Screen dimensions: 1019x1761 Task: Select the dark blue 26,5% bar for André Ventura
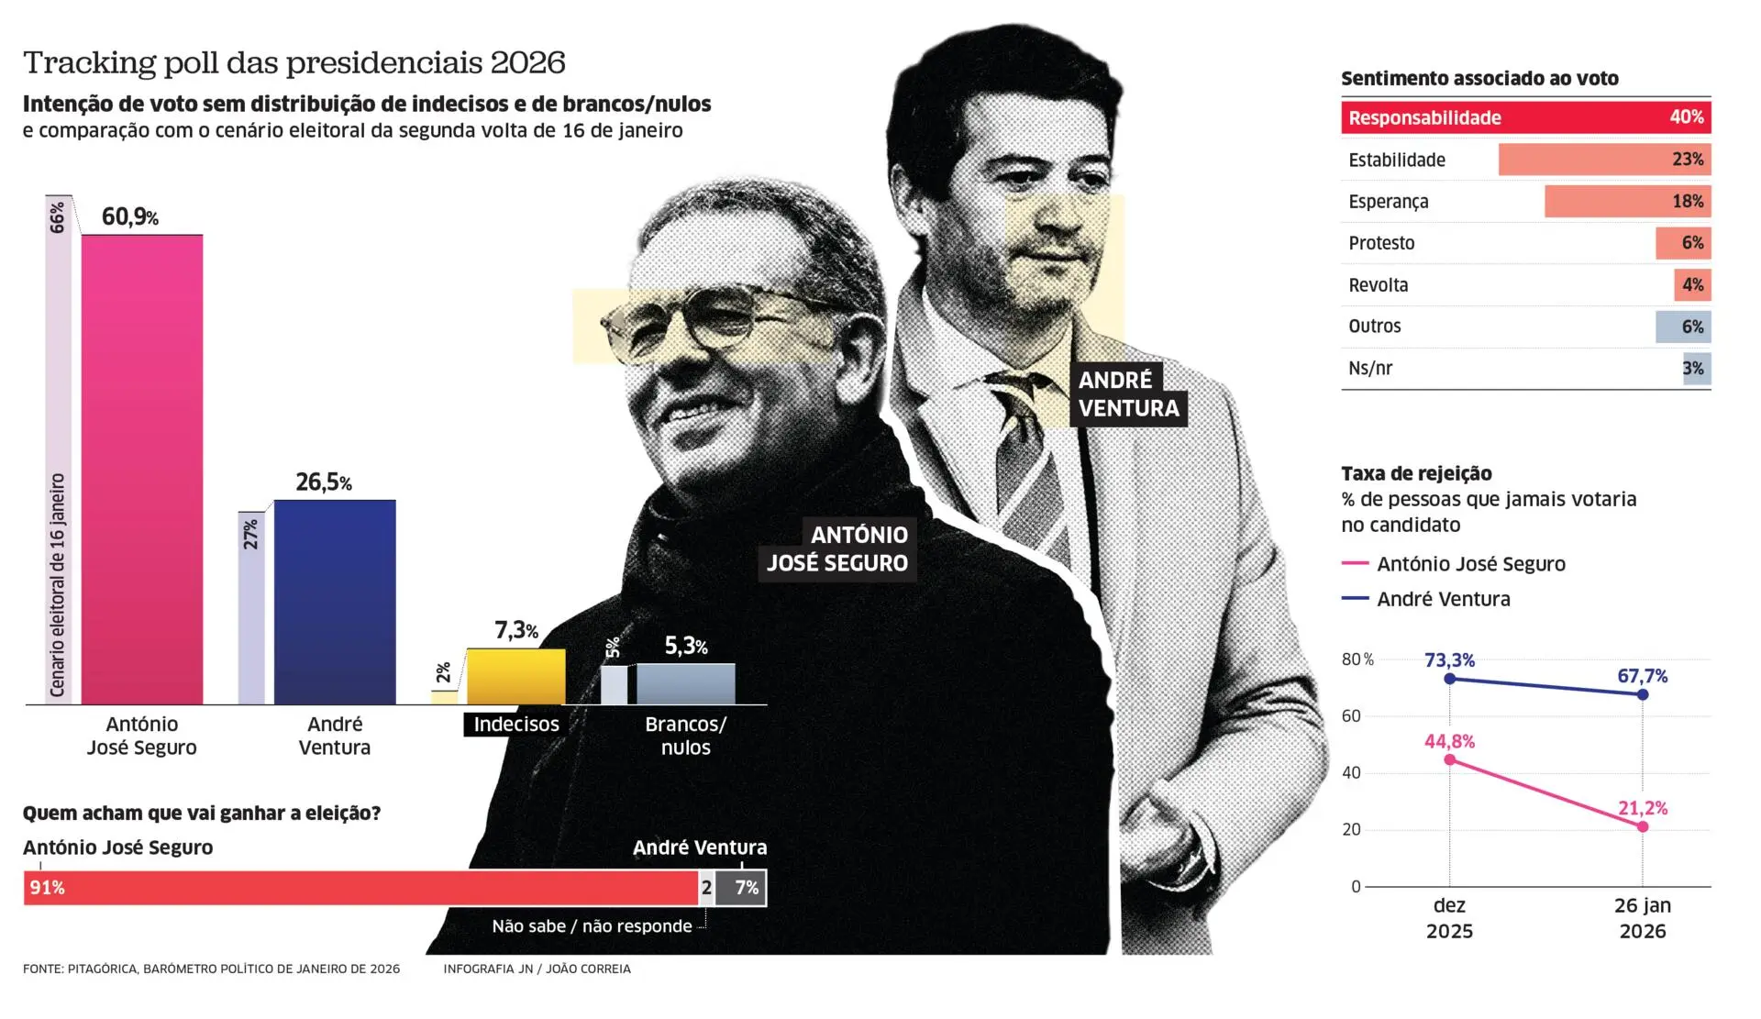point(335,602)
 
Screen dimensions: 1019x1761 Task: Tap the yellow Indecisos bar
point(516,677)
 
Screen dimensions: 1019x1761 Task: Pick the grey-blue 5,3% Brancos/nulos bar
point(686,684)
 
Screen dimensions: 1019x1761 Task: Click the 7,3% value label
point(515,630)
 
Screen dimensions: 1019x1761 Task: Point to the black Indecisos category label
point(516,725)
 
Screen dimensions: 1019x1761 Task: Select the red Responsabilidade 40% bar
point(1525,117)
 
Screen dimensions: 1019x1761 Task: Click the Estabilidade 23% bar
point(1604,160)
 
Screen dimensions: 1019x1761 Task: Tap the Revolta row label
point(1378,285)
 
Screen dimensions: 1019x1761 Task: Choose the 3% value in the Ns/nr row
point(1693,369)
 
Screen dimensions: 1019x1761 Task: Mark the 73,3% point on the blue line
point(1449,679)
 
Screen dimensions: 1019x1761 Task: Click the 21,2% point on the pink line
point(1643,826)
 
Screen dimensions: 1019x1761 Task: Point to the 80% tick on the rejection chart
point(1357,659)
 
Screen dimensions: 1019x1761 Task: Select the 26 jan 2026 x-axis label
point(1642,918)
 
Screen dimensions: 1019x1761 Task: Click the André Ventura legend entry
point(1443,599)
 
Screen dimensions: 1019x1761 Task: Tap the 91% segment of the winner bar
point(360,888)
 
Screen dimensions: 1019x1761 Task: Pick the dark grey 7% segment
point(741,888)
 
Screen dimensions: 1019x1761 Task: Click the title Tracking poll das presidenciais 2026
point(293,62)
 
